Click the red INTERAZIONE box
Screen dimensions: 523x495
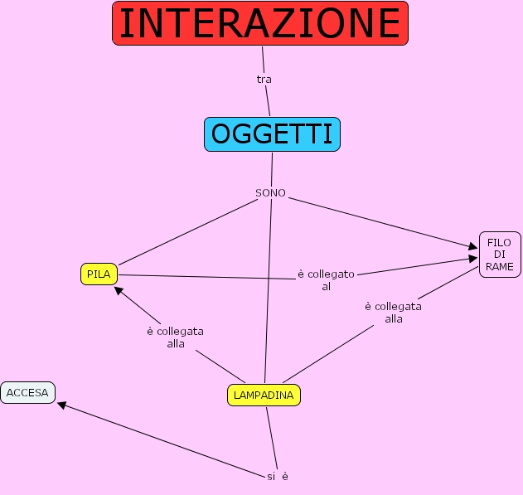pyautogui.click(x=260, y=23)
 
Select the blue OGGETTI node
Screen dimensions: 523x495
pyautogui.click(x=272, y=134)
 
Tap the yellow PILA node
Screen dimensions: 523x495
pyautogui.click(x=99, y=274)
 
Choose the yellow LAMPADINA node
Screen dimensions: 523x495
pyautogui.click(x=264, y=396)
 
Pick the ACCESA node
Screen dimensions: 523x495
pyautogui.click(x=28, y=392)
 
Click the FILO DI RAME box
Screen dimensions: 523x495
pyautogui.click(x=499, y=255)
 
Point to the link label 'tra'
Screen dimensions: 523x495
pyautogui.click(x=264, y=80)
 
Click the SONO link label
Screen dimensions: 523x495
pyautogui.click(x=270, y=193)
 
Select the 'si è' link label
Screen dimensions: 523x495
pyautogui.click(x=278, y=477)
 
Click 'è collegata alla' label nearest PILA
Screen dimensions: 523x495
pyautogui.click(x=175, y=337)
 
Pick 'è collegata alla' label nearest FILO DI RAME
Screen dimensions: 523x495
pyautogui.click(x=393, y=313)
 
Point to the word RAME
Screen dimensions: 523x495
pyautogui.click(x=500, y=266)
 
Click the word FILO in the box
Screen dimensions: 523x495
pyautogui.click(x=499, y=242)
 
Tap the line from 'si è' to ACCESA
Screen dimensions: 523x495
pyautogui.click(x=157, y=439)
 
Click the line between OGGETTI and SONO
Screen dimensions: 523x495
pyautogui.click(x=272, y=169)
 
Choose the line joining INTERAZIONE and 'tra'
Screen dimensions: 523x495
pyautogui.click(x=263, y=59)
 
